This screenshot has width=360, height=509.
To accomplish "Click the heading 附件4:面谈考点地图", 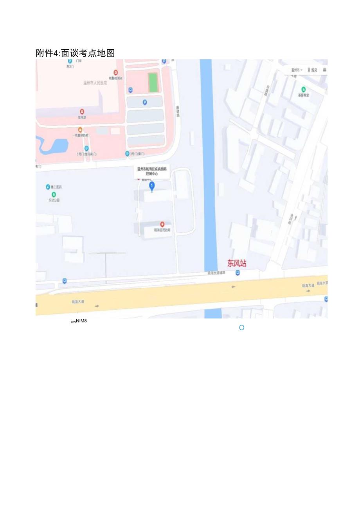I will tap(75, 53).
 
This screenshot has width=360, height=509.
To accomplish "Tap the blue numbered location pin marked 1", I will tap(152, 186).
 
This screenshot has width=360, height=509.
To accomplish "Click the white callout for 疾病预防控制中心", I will tap(152, 171).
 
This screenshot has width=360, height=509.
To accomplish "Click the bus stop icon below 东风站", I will tap(238, 273).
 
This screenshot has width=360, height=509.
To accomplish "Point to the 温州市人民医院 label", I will tap(95, 83).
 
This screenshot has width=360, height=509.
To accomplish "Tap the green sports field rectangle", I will tap(153, 82).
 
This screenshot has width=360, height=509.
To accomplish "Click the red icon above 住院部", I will tap(82, 112).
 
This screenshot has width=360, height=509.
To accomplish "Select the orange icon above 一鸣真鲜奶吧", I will tap(80, 129).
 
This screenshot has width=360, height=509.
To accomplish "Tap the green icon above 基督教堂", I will tap(303, 89).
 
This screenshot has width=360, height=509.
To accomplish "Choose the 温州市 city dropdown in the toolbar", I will tap(296, 70).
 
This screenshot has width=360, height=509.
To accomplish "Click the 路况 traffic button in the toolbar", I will tap(313, 70).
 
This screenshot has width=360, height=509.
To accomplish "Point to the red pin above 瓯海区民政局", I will tap(162, 224).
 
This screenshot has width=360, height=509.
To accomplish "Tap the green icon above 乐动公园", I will tap(54, 194).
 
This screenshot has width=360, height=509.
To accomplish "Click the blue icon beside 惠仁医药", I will tap(48, 187).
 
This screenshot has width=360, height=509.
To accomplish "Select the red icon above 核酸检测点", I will tap(115, 72).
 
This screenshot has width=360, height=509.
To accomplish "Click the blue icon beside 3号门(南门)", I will tap(127, 154).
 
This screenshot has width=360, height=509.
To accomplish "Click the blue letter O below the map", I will tap(241, 327).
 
